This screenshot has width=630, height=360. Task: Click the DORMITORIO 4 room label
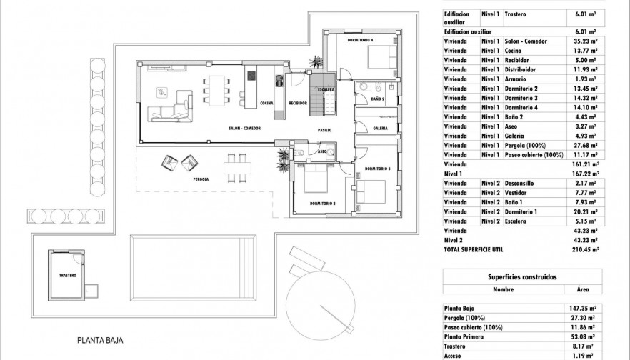click(x=361, y=39)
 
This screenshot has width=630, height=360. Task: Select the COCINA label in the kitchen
click(x=268, y=103)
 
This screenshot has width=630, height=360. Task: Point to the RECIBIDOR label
click(x=298, y=103)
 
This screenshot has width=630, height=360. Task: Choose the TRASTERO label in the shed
click(x=69, y=274)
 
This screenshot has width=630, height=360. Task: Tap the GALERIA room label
click(x=381, y=129)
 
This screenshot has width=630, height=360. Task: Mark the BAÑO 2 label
click(x=378, y=99)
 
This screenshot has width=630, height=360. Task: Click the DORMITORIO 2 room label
click(x=322, y=204)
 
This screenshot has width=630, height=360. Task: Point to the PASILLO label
click(x=326, y=131)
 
